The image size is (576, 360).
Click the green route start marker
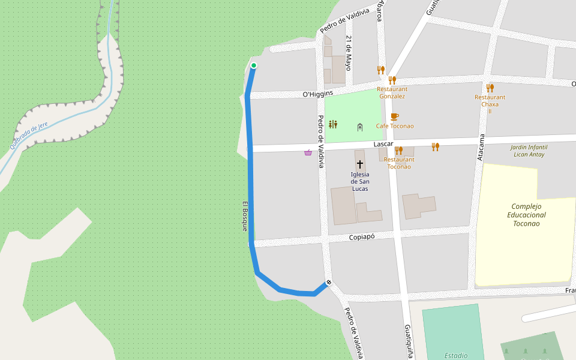(254, 65)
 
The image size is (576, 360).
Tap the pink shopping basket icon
(308, 152)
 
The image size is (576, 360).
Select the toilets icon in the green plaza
(333, 124)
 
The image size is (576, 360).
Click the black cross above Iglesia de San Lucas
(360, 164)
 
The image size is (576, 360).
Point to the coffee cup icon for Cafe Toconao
(394, 116)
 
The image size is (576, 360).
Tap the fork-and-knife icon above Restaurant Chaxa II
(490, 88)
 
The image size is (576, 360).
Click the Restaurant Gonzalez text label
(392, 92)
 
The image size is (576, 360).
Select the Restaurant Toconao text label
(399, 163)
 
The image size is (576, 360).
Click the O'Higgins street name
(317, 94)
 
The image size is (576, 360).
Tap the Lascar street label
(383, 145)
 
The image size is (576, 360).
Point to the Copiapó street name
(362, 237)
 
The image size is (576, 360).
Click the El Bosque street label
(245, 216)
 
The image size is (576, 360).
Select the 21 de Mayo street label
(348, 53)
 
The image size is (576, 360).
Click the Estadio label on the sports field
(456, 355)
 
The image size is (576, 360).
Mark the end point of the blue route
(328, 283)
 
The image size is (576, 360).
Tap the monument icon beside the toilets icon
(360, 127)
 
